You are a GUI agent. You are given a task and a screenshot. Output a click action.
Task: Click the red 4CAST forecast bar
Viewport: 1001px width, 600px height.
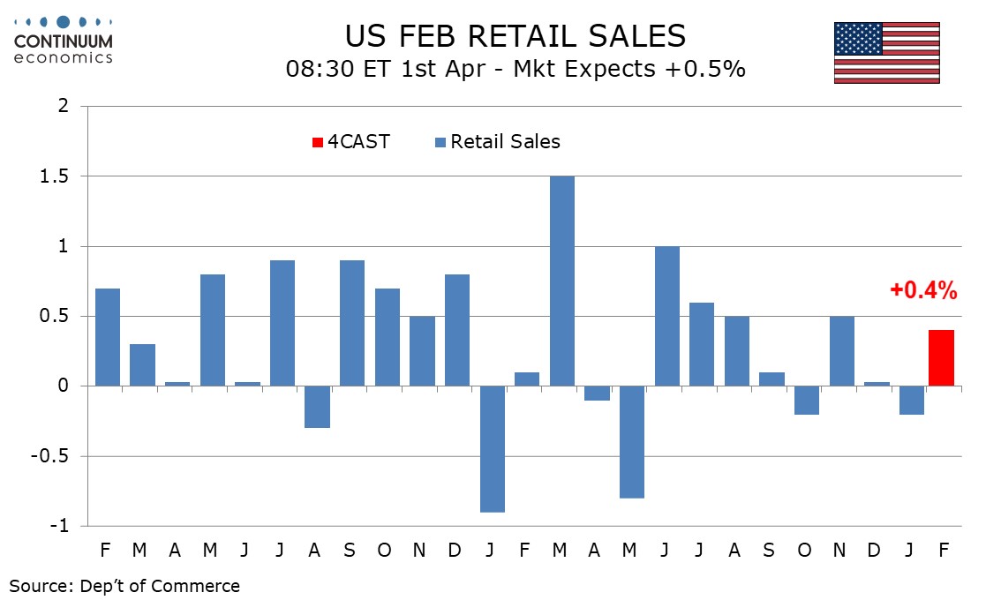[942, 358]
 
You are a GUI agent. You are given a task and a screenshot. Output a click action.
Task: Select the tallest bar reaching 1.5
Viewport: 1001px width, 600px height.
[562, 281]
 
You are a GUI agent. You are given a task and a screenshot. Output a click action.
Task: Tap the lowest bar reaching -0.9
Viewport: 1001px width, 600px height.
[493, 448]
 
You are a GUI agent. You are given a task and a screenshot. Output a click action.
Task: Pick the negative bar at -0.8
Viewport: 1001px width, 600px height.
[632, 441]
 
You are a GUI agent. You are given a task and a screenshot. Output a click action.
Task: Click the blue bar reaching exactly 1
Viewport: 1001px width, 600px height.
[667, 316]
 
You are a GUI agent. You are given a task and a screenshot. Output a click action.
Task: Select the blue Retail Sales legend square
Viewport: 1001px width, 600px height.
[440, 142]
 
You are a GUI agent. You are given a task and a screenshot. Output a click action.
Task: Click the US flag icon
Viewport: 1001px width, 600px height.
[886, 53]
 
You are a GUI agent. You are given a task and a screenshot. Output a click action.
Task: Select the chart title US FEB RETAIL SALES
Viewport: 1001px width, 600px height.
[515, 36]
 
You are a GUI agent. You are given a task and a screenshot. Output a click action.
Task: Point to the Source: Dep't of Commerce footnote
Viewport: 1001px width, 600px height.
[124, 585]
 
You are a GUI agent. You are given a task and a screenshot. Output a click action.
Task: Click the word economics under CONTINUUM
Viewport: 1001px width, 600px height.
[63, 57]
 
